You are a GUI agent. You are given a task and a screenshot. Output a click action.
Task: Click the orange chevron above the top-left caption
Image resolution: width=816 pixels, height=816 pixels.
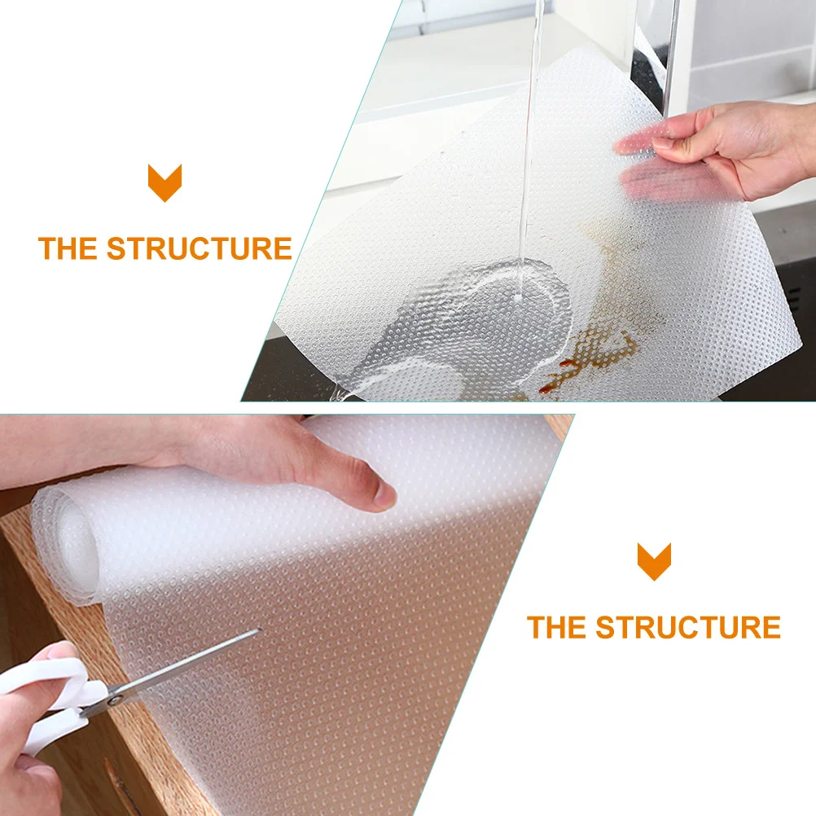click(x=165, y=182)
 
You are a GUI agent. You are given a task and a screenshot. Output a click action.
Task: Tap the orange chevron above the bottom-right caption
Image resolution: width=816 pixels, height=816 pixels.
click(x=654, y=561)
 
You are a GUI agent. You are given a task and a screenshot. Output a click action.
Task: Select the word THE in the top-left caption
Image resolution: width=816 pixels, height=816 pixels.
click(x=68, y=248)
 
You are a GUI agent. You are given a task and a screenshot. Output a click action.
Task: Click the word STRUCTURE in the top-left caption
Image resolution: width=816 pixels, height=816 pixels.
click(x=200, y=248)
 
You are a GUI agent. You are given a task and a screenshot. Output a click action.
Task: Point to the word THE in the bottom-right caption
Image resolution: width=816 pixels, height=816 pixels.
click(x=557, y=628)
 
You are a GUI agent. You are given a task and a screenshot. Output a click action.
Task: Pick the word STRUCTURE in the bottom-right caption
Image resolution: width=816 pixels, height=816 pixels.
click(x=688, y=628)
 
